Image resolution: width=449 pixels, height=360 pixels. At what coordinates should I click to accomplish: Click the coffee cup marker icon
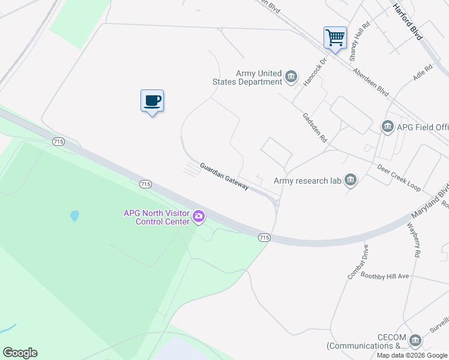[x=152, y=100]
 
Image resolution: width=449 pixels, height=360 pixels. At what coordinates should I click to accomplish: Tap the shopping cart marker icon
[x=335, y=37]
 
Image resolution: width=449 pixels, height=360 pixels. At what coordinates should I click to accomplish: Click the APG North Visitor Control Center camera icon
[x=199, y=215]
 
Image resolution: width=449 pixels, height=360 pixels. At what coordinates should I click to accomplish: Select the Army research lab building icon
[x=351, y=181]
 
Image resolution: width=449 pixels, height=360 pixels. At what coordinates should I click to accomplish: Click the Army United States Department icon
[x=291, y=77]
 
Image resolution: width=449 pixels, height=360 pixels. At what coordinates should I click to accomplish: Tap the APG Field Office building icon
[x=387, y=127]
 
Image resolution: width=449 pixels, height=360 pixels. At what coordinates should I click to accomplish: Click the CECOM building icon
[x=415, y=341]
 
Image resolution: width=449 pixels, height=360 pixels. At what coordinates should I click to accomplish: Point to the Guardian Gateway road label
[x=224, y=176]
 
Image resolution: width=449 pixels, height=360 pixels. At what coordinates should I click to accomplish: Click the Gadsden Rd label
[x=315, y=127]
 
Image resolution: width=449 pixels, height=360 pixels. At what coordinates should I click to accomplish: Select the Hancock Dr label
[x=315, y=72]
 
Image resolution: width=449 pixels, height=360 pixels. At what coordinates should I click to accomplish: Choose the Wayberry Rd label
[x=413, y=241]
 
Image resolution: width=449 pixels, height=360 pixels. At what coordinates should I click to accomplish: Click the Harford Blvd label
[x=408, y=22]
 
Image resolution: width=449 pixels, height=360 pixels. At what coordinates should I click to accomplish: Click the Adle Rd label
[x=423, y=74]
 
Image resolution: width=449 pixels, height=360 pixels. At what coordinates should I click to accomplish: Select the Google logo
[x=20, y=353]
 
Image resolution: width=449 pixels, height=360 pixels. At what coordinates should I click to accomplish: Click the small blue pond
[x=74, y=216]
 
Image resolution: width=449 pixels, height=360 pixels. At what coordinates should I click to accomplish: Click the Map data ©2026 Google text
[x=411, y=355]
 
